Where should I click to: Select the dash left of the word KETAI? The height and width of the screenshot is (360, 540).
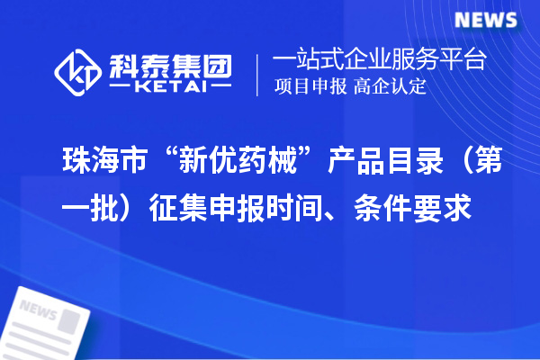121,89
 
